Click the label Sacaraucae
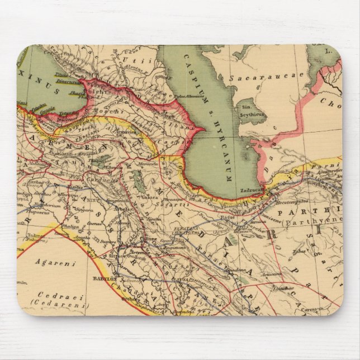click(x=262, y=74)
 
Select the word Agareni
click(x=51, y=262)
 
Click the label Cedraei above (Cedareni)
click(x=68, y=297)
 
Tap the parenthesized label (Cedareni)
click(x=68, y=305)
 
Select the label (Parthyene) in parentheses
click(x=306, y=222)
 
